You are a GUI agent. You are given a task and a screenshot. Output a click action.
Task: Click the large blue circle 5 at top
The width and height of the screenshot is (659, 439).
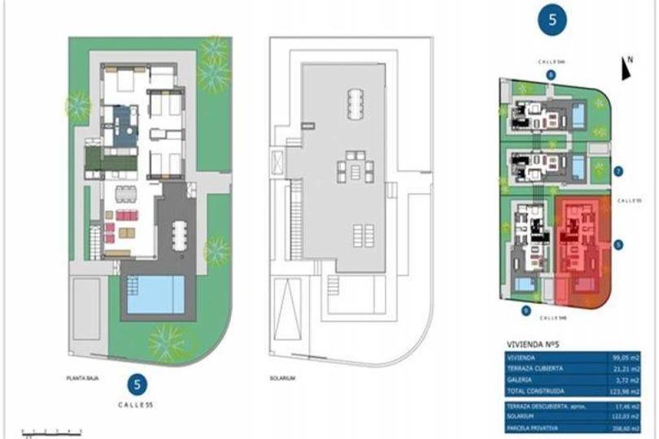[552, 21]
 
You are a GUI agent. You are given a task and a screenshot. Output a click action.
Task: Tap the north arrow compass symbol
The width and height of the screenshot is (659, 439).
[626, 69]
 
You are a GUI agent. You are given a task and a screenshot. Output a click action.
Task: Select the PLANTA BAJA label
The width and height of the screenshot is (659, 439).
[83, 378]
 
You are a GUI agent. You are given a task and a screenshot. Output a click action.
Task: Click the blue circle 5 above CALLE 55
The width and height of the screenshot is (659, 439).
[140, 384]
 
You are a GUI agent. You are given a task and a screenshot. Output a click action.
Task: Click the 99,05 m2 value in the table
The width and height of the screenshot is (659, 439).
[626, 357]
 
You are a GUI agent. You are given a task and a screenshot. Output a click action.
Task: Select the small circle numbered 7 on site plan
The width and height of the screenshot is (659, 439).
[619, 171]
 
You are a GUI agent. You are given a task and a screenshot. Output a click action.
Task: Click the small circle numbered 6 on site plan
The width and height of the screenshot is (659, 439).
[551, 75]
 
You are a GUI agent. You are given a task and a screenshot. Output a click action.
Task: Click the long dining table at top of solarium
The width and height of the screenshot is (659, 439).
[356, 103]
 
